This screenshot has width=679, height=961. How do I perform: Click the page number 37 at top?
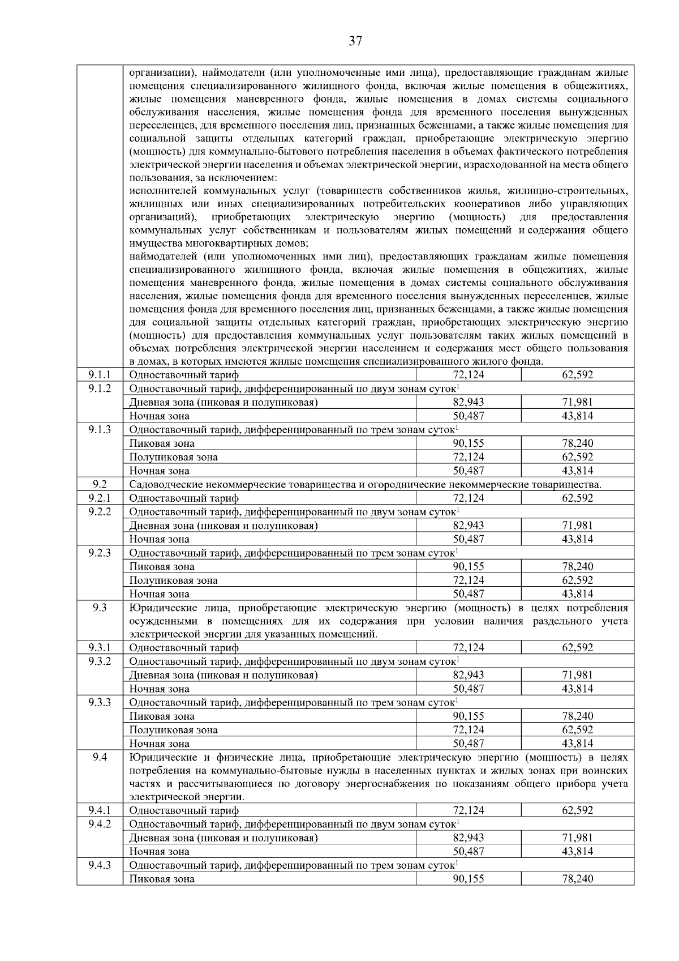355,41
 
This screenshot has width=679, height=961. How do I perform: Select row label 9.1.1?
100,374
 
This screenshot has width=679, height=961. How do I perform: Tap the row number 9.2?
100,484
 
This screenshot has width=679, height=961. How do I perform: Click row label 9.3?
100,608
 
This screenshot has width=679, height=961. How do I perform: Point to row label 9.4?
100,757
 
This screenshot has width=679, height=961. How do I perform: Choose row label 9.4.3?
100,865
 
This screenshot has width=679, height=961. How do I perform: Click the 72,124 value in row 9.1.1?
468,374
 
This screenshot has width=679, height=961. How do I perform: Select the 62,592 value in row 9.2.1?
577,498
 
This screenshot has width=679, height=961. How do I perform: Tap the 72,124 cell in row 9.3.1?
468,647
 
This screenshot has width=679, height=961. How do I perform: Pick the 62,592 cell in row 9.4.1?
577,810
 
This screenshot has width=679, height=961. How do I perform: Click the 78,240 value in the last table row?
577,879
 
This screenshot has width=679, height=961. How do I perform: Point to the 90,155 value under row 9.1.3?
468,443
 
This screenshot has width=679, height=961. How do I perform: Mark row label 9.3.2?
100,661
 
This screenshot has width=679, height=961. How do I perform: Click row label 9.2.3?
100,553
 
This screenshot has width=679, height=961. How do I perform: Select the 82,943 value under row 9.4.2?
468,838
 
